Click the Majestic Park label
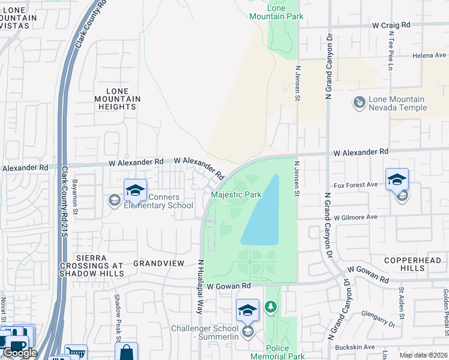[237, 195]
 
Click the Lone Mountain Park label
[276, 11]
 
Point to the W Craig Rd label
[391, 25]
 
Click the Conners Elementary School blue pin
[136, 191]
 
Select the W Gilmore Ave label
[355, 217]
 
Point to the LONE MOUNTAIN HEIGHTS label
[117, 98]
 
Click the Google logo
[19, 353]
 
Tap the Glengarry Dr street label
[378, 319]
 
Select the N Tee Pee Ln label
[390, 51]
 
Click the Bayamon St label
[76, 196]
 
